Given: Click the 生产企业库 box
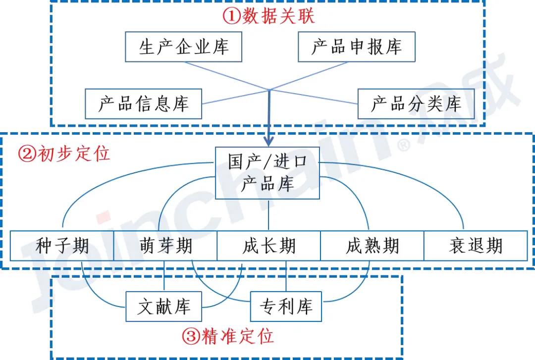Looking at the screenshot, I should point(183,48).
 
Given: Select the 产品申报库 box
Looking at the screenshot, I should point(357,48).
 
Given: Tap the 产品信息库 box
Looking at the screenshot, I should point(143,104).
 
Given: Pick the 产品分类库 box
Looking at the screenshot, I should point(416,104).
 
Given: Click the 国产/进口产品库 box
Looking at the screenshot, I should point(267,173).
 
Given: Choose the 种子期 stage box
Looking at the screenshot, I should point(62,246).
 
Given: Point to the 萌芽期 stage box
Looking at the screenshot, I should point(165,246).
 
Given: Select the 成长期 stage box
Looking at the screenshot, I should point(269,246).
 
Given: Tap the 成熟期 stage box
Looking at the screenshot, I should point(372,246).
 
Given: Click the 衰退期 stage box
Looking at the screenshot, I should point(476,246).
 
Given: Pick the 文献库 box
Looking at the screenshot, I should point(163,307).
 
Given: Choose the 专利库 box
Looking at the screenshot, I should point(286,307).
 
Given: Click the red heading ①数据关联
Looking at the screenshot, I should point(268,17).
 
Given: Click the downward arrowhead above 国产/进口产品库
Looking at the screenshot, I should point(268,142).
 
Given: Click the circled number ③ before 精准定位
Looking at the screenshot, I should point(190,337).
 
